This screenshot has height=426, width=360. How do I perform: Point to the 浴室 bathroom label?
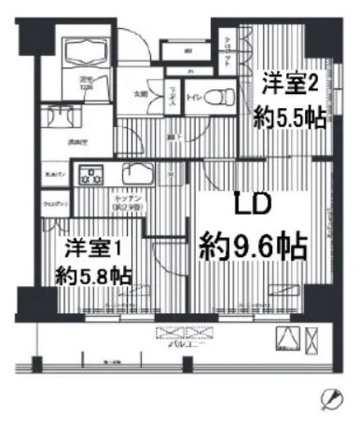pyautogui.click(x=85, y=81)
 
